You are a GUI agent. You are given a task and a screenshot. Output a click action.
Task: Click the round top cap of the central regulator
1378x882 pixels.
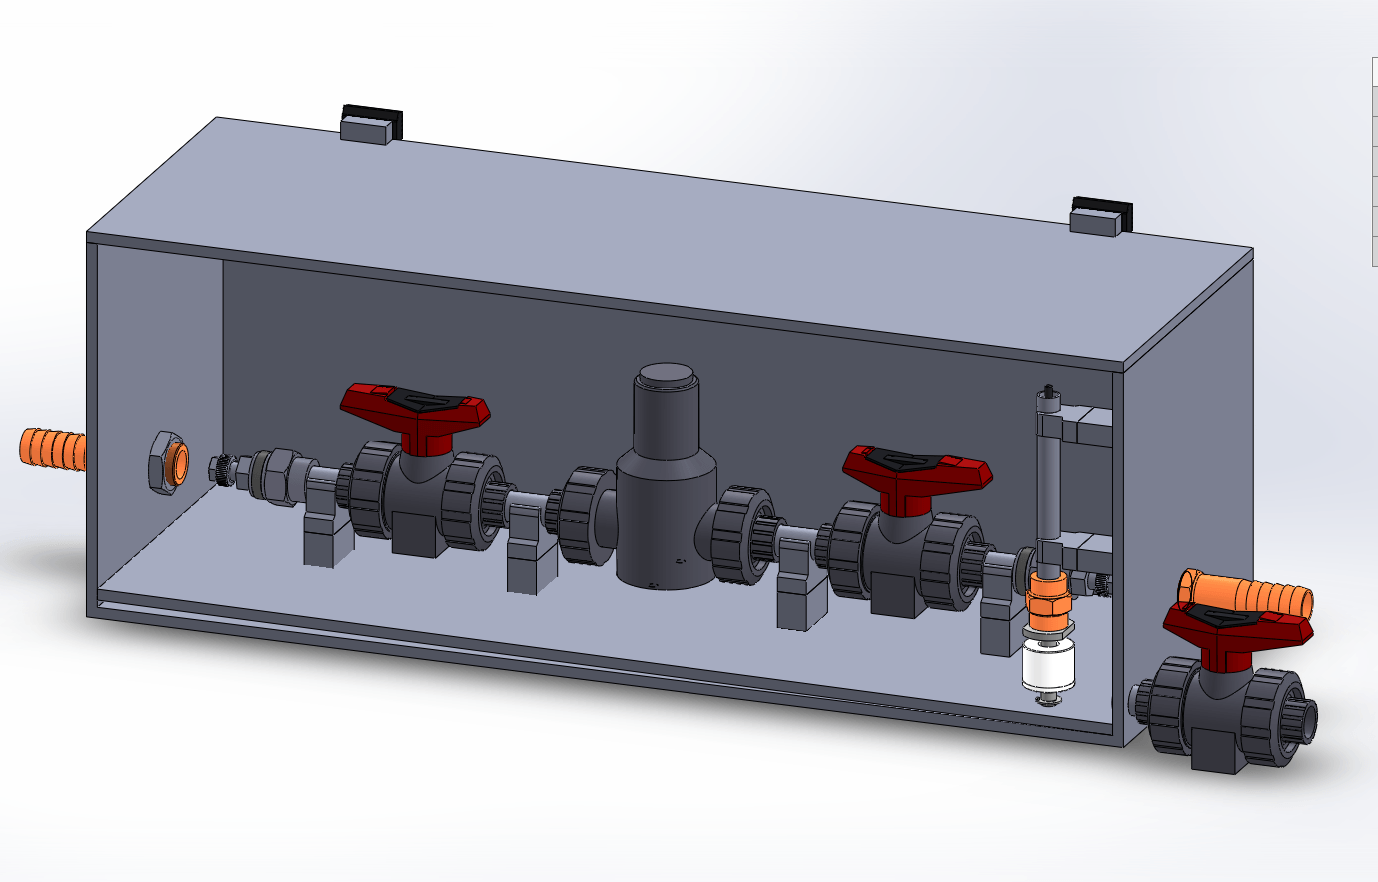coord(667,377)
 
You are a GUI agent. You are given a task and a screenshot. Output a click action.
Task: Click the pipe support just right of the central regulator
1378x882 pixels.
coord(800,584)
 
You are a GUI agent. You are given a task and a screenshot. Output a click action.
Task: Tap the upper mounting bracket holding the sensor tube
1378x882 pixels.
coord(1085,426)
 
